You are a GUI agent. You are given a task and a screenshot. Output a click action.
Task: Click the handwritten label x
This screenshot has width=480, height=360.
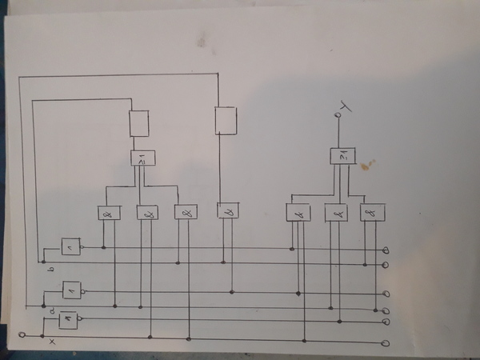tap(53, 342)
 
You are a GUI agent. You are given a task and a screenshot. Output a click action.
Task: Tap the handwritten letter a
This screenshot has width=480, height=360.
tap(52, 308)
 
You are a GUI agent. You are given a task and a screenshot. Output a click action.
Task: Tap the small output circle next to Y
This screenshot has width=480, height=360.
tap(338, 117)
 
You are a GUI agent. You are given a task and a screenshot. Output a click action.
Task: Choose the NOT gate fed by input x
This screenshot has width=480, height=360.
tap(67, 319)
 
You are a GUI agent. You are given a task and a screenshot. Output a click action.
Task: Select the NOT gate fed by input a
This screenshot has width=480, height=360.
tap(71, 288)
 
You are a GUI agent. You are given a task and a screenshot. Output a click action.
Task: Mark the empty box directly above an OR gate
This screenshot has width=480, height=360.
tap(139, 123)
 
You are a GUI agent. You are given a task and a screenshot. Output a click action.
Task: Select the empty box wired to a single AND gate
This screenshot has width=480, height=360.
tap(226, 121)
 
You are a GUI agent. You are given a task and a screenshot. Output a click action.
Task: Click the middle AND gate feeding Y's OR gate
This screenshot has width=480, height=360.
tap(336, 213)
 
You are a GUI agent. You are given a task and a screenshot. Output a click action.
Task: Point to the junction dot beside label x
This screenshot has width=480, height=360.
tap(45, 335)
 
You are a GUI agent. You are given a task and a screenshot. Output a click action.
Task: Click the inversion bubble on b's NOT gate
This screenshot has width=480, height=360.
tap(82, 248)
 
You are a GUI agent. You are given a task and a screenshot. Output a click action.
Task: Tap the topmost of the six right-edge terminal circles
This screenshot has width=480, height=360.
tap(388, 250)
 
